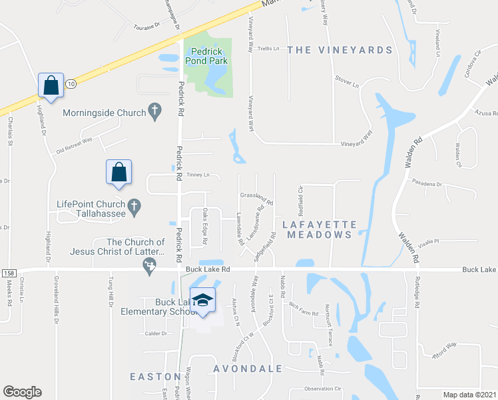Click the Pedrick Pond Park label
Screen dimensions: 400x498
coord(209,56)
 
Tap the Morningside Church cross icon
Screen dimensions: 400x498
coord(155,113)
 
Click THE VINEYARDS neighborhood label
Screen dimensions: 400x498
coord(340,50)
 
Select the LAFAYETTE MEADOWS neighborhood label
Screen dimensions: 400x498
coord(320,229)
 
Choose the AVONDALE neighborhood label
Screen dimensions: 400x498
coord(248,368)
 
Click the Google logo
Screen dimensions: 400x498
coord(22,392)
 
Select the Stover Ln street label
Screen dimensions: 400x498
coord(347,85)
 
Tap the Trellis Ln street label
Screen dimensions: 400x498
coord(269,48)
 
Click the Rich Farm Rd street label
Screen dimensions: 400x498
coord(304,307)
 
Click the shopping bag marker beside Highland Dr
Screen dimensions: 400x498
coord(51,85)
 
